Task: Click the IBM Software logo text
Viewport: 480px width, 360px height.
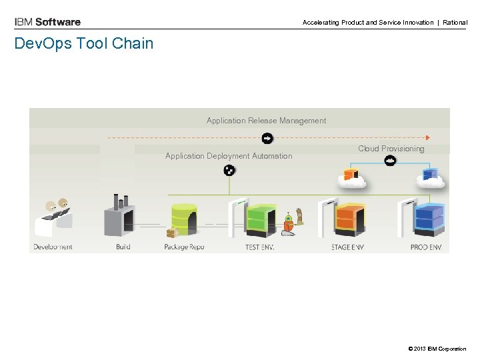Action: point(47,22)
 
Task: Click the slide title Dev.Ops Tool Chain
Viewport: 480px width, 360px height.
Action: point(84,44)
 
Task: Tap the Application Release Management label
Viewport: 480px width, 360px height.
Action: point(266,121)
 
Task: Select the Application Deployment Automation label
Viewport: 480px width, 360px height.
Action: point(229,156)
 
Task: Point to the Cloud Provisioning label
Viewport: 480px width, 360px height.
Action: point(391,149)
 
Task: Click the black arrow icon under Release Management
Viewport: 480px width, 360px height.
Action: point(267,138)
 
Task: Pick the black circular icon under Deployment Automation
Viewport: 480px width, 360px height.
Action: point(229,171)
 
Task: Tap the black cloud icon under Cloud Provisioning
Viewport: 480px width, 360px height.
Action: point(391,161)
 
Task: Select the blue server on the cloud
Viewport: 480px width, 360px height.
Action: point(431,177)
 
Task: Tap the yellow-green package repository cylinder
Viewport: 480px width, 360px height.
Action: point(183,218)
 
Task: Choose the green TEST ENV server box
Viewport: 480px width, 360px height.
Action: point(261,217)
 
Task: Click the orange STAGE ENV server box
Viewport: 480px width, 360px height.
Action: point(347,217)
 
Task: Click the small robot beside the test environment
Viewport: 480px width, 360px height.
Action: point(289,224)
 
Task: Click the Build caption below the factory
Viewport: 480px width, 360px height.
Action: point(123,247)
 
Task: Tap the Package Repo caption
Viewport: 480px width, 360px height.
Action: point(184,247)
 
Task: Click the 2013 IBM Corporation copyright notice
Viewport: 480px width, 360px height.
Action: point(438,349)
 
